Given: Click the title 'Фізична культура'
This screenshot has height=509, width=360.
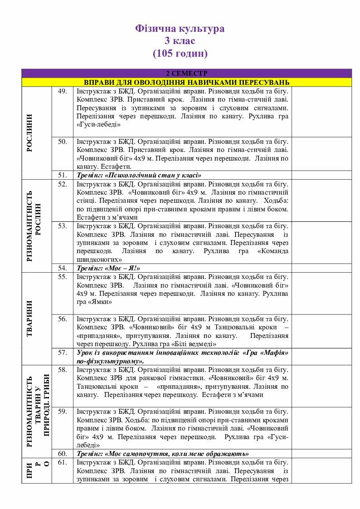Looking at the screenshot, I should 180,29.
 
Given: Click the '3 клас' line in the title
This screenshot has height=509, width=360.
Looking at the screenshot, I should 180,41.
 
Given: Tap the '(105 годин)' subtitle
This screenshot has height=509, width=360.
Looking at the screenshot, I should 180,53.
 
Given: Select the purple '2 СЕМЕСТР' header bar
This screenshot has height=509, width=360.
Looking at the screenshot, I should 186,73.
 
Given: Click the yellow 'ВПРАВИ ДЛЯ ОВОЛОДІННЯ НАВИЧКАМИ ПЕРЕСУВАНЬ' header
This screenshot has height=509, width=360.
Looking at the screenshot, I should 186,82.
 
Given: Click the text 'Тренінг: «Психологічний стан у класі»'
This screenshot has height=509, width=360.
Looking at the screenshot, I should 139,175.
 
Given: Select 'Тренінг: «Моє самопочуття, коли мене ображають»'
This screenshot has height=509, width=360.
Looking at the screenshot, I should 162,454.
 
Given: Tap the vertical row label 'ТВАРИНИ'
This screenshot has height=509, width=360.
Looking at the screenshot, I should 30,318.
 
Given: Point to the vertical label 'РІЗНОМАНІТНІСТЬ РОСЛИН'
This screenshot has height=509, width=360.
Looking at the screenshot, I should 34,226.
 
